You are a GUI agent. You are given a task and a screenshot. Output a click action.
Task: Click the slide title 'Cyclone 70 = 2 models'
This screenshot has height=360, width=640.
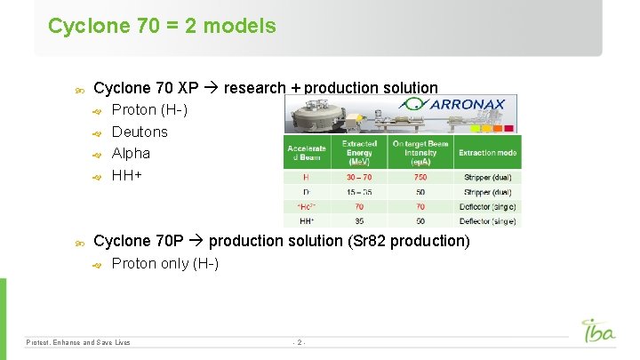tap(162, 27)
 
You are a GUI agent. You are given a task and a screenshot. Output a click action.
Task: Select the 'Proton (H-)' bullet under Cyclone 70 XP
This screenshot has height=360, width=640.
tap(148, 110)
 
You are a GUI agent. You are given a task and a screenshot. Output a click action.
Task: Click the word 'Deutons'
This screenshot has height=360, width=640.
tap(139, 132)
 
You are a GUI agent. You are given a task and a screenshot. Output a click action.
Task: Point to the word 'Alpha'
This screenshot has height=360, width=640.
tap(131, 153)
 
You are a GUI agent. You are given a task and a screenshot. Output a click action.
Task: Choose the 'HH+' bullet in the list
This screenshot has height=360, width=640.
tap(126, 175)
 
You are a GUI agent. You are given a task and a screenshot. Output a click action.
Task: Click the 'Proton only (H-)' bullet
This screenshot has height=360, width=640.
tap(164, 263)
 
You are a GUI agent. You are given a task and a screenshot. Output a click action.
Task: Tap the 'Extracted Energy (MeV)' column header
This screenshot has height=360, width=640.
tap(359, 152)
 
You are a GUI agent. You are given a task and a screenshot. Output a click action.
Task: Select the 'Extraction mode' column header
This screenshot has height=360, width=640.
tap(487, 153)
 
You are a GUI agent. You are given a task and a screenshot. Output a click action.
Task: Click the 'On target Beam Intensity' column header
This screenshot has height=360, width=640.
tap(420, 152)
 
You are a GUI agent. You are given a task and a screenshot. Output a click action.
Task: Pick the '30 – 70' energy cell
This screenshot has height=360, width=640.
tap(359, 177)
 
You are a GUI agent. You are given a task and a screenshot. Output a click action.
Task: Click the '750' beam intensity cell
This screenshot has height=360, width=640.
tap(420, 177)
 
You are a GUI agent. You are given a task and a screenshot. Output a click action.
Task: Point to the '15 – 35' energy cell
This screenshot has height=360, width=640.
tap(359, 191)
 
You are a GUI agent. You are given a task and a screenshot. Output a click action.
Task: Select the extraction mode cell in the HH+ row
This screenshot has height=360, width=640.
tap(487, 220)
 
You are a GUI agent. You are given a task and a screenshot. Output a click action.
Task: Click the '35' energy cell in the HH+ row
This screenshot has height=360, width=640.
tap(359, 220)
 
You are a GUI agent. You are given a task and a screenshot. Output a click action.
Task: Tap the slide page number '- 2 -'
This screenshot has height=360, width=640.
tap(300, 342)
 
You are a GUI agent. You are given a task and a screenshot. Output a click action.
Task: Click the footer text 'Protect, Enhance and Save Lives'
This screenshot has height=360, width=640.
tap(78, 342)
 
